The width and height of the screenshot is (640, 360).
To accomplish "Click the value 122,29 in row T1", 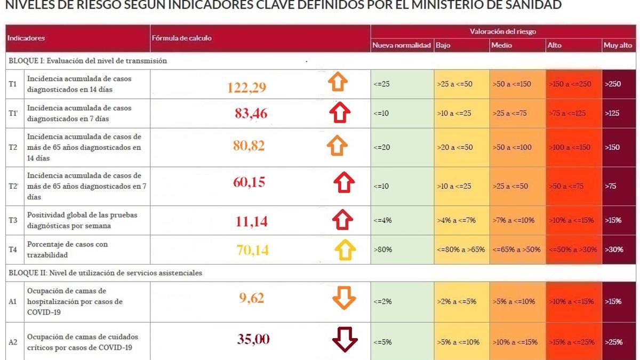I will coord(246,87).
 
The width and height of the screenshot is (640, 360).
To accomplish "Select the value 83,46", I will coord(251,113).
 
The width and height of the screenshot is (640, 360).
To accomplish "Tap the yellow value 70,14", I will coord(252,249).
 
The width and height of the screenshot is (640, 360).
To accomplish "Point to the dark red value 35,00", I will coord(253,339).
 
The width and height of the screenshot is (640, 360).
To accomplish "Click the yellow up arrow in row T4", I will coord(345,250).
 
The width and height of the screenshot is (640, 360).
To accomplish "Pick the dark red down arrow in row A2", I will coord(345,339).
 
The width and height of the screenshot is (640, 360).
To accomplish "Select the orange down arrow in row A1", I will coord(343,298).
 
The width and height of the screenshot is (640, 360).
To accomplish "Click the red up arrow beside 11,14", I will coord(342,219).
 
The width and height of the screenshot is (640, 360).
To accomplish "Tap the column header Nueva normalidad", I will coord(402,45).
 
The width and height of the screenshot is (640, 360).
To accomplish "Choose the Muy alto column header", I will coord(618,45).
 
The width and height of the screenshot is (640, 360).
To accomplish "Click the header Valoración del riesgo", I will coord(503,31).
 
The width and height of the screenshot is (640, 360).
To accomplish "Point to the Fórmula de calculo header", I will coord(182,38).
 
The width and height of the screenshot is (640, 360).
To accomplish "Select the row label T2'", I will coord(13,186).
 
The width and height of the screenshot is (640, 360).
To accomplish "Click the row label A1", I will coord(13,302).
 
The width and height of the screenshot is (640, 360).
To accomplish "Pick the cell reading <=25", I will coord(382,84).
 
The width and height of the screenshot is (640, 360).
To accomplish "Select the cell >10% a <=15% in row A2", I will coord(515,342).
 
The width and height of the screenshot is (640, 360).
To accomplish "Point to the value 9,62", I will coord(252,298).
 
